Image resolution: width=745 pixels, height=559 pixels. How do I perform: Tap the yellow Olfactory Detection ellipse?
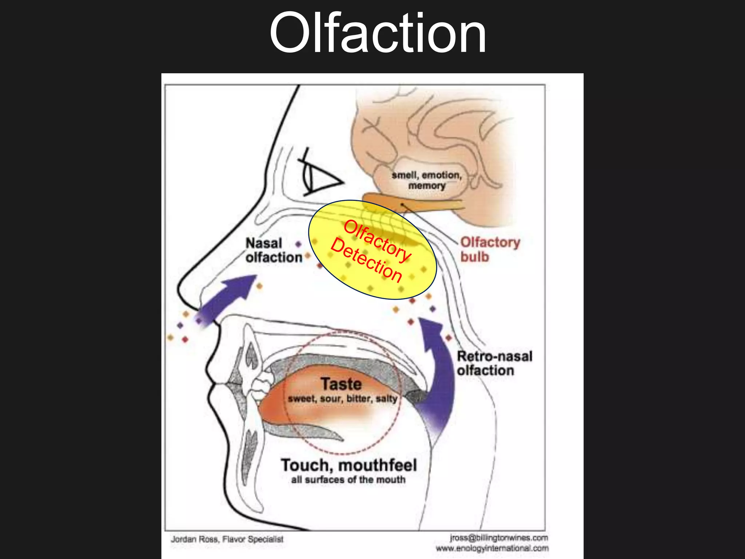[x=372, y=250]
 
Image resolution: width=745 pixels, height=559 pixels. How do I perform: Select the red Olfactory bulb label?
[x=490, y=249]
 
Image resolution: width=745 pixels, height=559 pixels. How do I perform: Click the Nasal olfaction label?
[x=274, y=250]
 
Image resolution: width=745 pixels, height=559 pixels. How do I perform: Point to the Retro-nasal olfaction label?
[x=494, y=363]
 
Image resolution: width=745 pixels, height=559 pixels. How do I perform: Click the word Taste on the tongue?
[x=341, y=384]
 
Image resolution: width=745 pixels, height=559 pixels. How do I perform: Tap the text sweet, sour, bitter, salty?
[x=342, y=399]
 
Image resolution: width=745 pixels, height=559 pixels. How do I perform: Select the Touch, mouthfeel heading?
[x=348, y=465]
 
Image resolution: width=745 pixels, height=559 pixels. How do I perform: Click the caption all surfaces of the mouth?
[x=348, y=480]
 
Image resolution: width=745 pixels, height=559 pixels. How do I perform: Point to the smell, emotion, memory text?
[x=427, y=180]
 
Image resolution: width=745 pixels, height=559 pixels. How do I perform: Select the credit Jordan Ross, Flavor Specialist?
[x=227, y=539]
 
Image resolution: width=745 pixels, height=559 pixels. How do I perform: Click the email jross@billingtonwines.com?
[x=498, y=538]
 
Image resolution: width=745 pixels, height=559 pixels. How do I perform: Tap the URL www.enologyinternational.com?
[x=492, y=548]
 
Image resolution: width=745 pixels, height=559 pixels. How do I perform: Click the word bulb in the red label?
[x=475, y=257]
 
